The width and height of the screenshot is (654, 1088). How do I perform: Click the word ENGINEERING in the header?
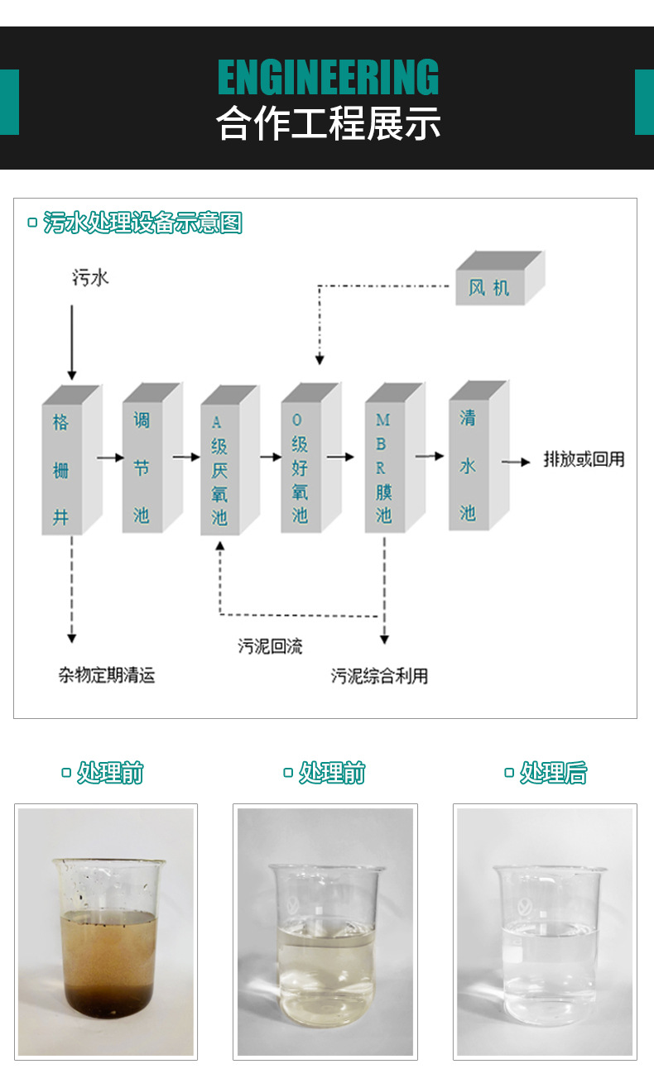(x=328, y=78)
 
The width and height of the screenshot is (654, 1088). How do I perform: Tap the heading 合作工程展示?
(x=328, y=123)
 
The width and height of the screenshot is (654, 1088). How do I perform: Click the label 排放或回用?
(x=584, y=460)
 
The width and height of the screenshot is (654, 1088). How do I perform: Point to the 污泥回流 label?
(x=270, y=646)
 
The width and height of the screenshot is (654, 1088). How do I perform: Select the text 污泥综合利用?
(x=379, y=675)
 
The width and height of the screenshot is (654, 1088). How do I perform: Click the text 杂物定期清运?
(x=106, y=675)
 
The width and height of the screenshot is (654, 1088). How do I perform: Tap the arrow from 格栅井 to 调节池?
(x=110, y=457)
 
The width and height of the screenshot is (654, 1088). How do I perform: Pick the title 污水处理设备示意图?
(x=142, y=223)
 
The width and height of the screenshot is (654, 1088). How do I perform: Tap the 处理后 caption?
(x=553, y=773)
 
